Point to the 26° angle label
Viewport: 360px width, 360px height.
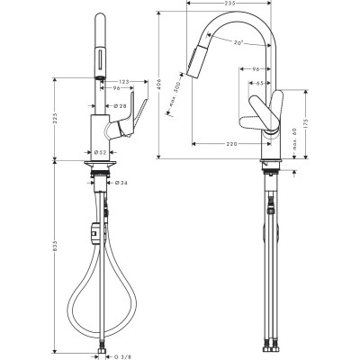pos(238,43)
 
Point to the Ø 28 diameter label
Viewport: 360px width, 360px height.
pos(120,107)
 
